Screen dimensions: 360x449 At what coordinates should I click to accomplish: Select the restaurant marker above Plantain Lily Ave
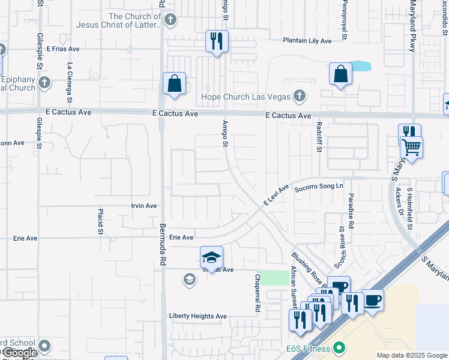pos(215,41)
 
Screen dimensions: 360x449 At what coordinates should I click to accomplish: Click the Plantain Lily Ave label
pos(307,41)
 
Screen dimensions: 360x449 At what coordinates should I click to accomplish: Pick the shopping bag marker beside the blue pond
pos(340,74)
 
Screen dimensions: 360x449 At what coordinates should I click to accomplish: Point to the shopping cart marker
pos(411,146)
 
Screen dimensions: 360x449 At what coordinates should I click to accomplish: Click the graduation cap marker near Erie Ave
pos(211,257)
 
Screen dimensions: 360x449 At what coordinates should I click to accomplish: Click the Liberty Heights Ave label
pos(197,316)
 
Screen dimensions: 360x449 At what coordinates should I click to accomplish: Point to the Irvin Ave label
pos(144,206)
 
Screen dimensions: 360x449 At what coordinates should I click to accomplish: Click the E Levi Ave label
pos(276,195)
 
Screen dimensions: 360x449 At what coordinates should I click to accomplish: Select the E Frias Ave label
pos(62,49)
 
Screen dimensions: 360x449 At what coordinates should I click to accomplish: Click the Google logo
pos(20,353)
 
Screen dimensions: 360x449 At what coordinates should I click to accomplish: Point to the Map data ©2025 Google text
pos(411,355)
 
